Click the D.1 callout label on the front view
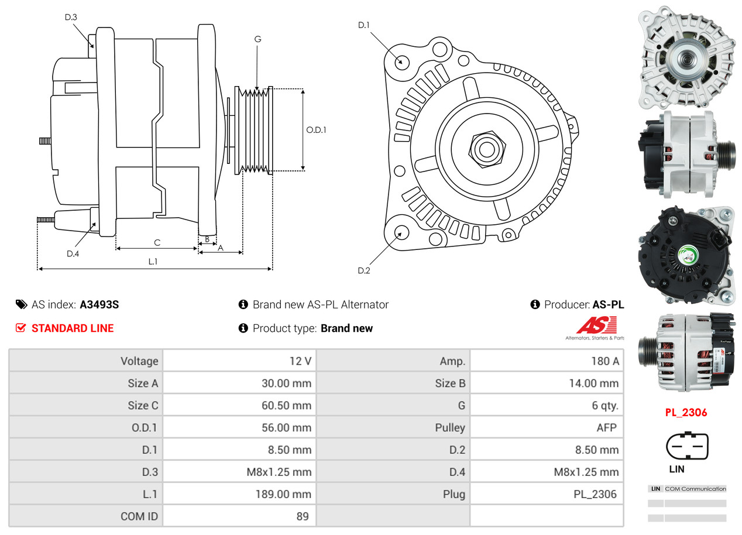[364, 25]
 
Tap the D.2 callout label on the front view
[364, 270]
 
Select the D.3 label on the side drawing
[71, 18]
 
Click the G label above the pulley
[257, 39]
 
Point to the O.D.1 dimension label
[316, 130]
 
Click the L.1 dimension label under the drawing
[153, 262]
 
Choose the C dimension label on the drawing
[157, 242]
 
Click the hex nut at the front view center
[485, 148]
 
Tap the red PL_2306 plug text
[686, 413]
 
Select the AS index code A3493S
[99, 304]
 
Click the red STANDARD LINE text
[73, 328]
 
